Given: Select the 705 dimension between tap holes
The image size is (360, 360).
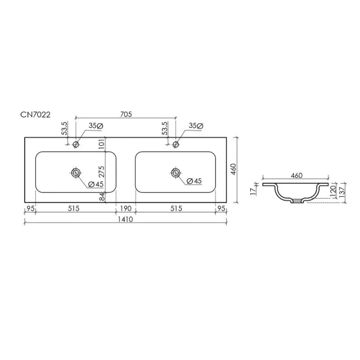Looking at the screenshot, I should click(126, 113).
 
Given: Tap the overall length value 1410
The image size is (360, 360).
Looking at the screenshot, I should click(126, 220).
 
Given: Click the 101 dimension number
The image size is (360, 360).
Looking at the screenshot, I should click(102, 145).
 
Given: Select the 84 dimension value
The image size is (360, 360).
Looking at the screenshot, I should click(102, 197).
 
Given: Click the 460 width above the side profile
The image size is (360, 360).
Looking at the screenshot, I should click(296, 176).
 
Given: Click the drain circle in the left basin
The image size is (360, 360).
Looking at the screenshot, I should click(76, 173).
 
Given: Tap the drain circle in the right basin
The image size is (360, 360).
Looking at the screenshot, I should click(175, 173).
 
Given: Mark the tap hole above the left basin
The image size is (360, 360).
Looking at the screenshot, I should click(76, 145).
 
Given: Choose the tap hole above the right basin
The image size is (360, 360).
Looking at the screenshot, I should click(175, 145).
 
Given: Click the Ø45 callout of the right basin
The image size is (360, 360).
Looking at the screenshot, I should click(193, 182).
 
